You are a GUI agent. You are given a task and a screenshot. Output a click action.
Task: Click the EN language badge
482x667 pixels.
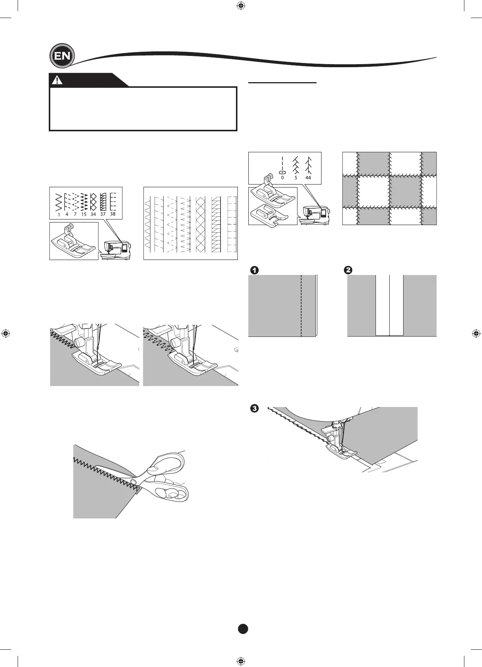pyautogui.click(x=62, y=56)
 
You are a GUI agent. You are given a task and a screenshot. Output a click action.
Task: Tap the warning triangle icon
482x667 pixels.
pyautogui.click(x=57, y=80)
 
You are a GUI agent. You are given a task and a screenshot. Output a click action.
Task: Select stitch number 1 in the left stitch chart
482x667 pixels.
pyautogui.click(x=59, y=215)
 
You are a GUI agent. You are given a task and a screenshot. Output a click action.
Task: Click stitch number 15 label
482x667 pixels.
pyautogui.click(x=84, y=215)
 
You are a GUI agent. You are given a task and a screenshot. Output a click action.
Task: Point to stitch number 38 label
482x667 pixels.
pyautogui.click(x=113, y=214)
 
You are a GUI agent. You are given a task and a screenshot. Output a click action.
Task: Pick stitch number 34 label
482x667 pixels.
pyautogui.click(x=93, y=215)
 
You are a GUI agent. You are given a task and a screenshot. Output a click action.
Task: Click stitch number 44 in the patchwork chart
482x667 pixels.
pyautogui.click(x=308, y=178)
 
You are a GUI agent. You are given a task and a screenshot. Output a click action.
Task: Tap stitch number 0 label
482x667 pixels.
pyautogui.click(x=282, y=178)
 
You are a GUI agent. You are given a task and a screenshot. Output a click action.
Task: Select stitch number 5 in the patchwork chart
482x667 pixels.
pyautogui.click(x=296, y=178)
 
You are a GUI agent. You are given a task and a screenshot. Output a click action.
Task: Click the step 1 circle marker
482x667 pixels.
pyautogui.click(x=254, y=270)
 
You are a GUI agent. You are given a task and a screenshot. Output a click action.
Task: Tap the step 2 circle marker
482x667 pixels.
pyautogui.click(x=348, y=270)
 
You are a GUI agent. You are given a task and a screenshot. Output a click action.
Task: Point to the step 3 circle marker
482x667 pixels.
pyautogui.click(x=254, y=408)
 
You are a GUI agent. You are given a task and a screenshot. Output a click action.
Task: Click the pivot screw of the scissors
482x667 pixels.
pyautogui.click(x=133, y=481)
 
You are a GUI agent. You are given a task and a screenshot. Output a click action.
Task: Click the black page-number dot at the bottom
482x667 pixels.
pyautogui.click(x=243, y=629)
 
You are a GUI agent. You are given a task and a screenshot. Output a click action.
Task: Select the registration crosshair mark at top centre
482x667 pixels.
pyautogui.click(x=241, y=6)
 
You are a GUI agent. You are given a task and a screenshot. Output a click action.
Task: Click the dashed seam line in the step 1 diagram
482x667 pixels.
pyautogui.click(x=301, y=306)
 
